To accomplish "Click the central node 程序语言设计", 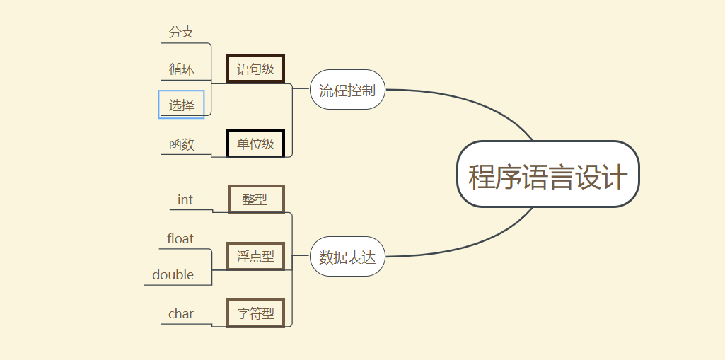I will coord(548,175).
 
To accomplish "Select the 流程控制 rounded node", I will coord(347,90).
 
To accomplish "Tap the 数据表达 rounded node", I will coord(347,257).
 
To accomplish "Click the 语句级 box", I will coord(255,69).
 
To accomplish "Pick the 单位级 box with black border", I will coord(255,144).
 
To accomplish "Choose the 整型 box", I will coord(255,199).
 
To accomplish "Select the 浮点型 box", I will coord(255,256).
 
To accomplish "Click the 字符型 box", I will coord(255,313).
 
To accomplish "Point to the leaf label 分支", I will coord(181,32).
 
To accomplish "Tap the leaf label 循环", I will coord(181,69).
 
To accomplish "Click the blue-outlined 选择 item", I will coord(181,105).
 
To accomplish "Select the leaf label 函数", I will coord(181,144).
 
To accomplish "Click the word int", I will coord(185,200).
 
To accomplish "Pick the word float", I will coord(180,239).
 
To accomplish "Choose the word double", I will coord(173,274).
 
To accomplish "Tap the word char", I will coord(181,313).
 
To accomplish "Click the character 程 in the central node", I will coord(482,176).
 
